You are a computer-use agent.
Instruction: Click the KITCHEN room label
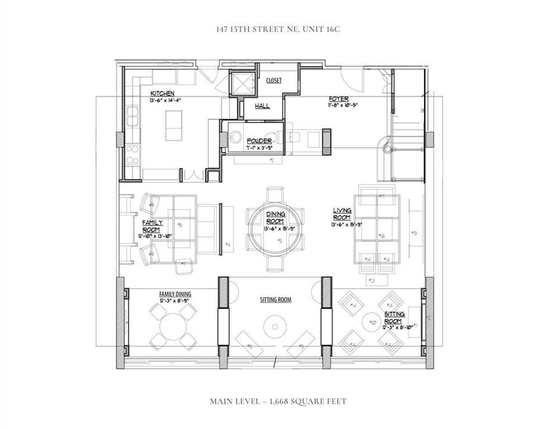click(162, 93)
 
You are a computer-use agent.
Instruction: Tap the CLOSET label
click(274, 80)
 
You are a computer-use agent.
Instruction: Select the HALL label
click(263, 106)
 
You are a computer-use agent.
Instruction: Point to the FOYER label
click(339, 99)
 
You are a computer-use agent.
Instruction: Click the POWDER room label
click(259, 141)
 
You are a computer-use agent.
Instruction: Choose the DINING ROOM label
click(275, 217)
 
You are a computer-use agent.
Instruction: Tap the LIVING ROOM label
click(342, 213)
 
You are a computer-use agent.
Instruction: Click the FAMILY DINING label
click(175, 294)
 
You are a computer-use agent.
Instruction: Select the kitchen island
click(174, 126)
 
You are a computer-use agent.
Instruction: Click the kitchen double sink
click(133, 116)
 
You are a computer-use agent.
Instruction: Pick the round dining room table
click(276, 227)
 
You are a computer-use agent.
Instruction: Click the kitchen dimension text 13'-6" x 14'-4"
click(165, 100)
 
